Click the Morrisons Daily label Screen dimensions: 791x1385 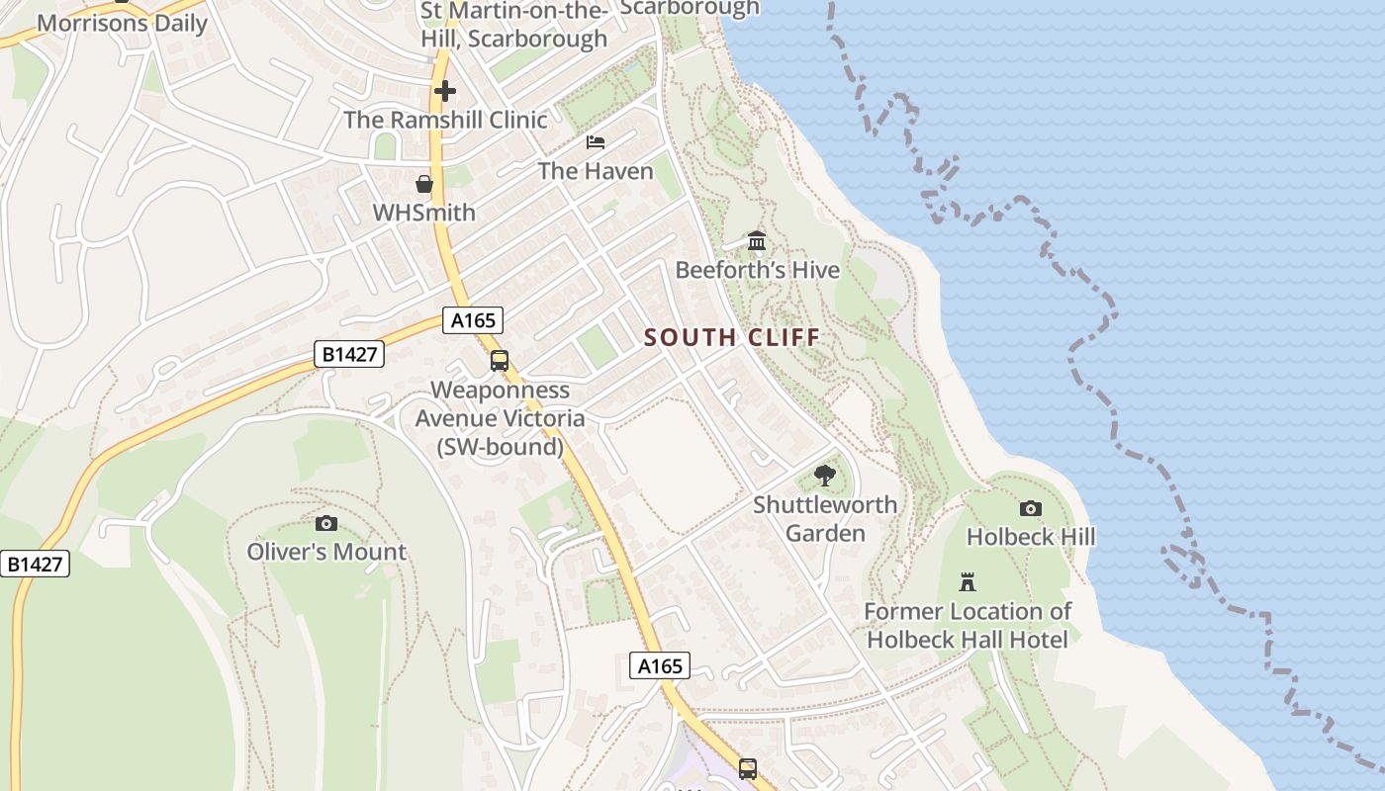(x=122, y=23)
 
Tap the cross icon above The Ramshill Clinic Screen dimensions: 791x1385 (x=445, y=91)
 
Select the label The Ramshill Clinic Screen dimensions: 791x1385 (x=445, y=120)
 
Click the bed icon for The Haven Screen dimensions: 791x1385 (x=596, y=142)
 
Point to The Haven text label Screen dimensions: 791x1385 (x=596, y=171)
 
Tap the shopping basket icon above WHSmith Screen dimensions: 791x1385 (x=424, y=184)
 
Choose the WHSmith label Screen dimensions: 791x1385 (x=423, y=213)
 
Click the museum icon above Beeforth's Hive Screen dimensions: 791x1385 (x=757, y=240)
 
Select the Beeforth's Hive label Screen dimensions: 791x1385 (x=757, y=270)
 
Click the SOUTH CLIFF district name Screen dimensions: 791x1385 (x=732, y=337)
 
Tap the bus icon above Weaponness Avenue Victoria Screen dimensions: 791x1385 (x=500, y=361)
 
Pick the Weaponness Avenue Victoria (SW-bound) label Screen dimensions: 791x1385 (x=500, y=418)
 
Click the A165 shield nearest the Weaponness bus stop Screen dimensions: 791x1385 (x=473, y=320)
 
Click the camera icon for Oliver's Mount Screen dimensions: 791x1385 (x=325, y=523)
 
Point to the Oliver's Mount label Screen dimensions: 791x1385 (x=326, y=552)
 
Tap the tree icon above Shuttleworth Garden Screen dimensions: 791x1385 (x=824, y=476)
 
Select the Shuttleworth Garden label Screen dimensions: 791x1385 (x=825, y=519)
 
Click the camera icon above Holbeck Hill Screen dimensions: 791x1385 (x=1031, y=508)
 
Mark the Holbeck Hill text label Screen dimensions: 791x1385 (x=1031, y=537)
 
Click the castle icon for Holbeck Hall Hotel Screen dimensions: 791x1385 (x=968, y=582)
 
